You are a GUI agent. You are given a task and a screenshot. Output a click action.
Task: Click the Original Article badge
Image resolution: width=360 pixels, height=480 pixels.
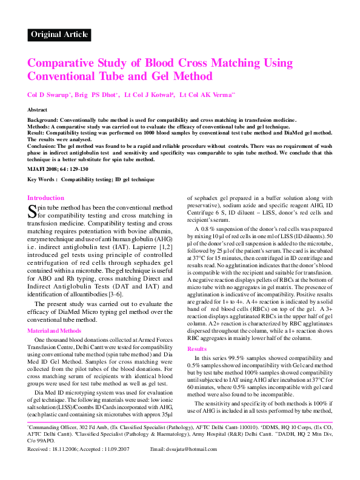coord(59,35)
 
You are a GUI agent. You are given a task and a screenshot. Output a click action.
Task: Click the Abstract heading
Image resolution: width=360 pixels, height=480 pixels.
coord(38,110)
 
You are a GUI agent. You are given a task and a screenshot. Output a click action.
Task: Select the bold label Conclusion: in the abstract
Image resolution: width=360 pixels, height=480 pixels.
coord(41,146)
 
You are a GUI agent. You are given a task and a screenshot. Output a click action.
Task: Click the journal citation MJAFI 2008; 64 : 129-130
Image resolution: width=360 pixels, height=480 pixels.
coord(58,168)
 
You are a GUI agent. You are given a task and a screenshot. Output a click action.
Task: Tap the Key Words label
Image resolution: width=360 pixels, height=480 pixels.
coord(42,180)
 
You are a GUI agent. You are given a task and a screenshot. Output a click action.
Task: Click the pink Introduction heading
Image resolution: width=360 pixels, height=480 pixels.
coord(45,198)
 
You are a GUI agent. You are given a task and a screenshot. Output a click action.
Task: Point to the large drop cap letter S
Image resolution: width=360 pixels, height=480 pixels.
coord(32,211)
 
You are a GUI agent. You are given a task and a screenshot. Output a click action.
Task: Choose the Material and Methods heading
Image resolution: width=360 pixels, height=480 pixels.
coord(54,331)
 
